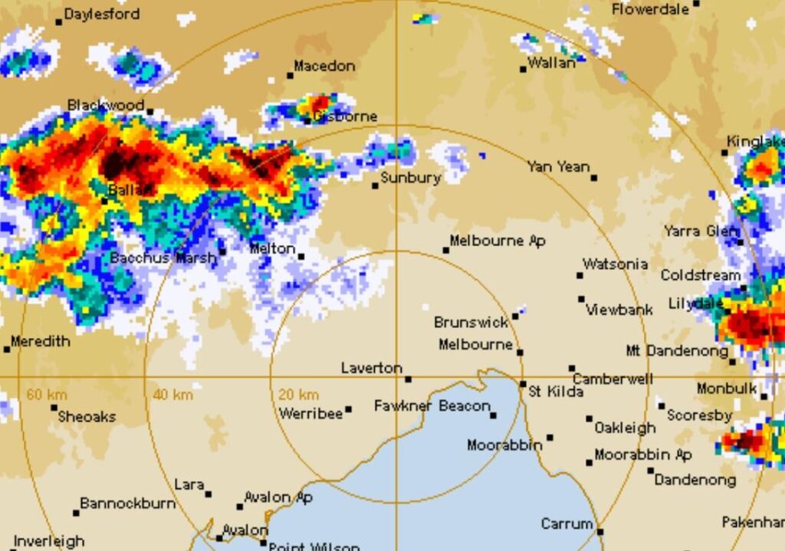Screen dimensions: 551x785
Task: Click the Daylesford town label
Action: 101,14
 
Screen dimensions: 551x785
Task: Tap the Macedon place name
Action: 324,67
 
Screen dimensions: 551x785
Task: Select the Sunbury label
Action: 411,179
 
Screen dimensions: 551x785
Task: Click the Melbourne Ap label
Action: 498,241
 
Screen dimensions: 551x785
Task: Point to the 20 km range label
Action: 298,395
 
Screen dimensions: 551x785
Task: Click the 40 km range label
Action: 172,395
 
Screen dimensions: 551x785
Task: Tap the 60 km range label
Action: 47,395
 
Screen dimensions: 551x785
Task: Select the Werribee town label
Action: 310,414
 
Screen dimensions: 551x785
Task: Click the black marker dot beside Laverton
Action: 408,379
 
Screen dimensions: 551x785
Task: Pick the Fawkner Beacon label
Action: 432,406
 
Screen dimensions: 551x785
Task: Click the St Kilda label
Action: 556,392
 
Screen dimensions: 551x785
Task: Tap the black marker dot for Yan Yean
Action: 594,178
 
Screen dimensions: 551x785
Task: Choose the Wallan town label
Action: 552,64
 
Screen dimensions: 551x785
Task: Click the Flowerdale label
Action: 651,9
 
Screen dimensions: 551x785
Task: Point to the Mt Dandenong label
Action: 677,351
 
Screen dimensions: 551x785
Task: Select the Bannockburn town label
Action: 127,504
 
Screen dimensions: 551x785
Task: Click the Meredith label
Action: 41,342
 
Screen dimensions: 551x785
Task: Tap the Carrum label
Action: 567,525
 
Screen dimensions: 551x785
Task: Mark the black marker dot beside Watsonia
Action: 580,275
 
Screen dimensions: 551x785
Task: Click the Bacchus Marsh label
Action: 163,258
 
